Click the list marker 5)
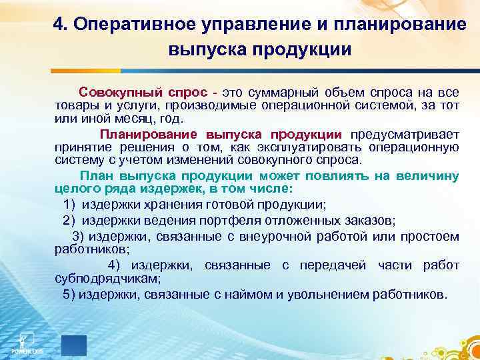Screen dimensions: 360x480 (69, 294)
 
